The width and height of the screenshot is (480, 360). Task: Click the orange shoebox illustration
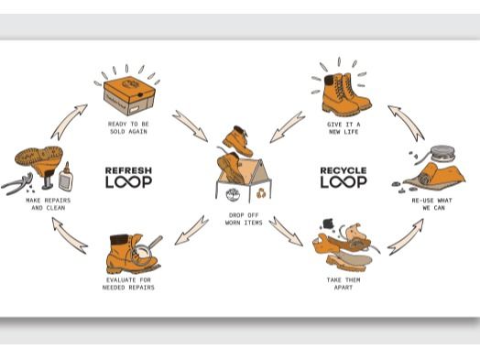click(x=129, y=96)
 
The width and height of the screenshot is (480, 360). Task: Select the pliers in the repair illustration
click(x=17, y=184)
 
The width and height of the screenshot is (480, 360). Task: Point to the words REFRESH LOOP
click(x=128, y=178)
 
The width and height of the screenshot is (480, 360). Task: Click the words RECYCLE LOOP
click(x=344, y=178)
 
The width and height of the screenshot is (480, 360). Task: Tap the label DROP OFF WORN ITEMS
click(x=244, y=219)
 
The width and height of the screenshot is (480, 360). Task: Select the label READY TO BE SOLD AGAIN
click(x=128, y=127)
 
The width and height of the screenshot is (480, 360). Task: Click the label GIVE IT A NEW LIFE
click(x=344, y=128)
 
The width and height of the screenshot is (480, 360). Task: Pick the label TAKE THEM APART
click(x=344, y=283)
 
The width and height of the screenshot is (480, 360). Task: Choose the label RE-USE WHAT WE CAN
click(x=432, y=204)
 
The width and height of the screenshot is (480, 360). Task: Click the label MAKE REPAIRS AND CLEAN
click(x=49, y=204)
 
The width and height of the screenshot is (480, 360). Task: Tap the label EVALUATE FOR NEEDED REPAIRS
click(x=128, y=283)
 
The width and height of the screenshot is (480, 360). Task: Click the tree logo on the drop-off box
click(x=233, y=195)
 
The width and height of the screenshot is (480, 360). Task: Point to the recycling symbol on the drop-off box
click(x=261, y=193)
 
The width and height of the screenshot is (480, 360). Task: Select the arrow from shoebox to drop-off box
click(x=191, y=125)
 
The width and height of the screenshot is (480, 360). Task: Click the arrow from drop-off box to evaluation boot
click(x=191, y=231)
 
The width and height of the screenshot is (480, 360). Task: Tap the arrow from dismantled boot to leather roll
click(x=406, y=237)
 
